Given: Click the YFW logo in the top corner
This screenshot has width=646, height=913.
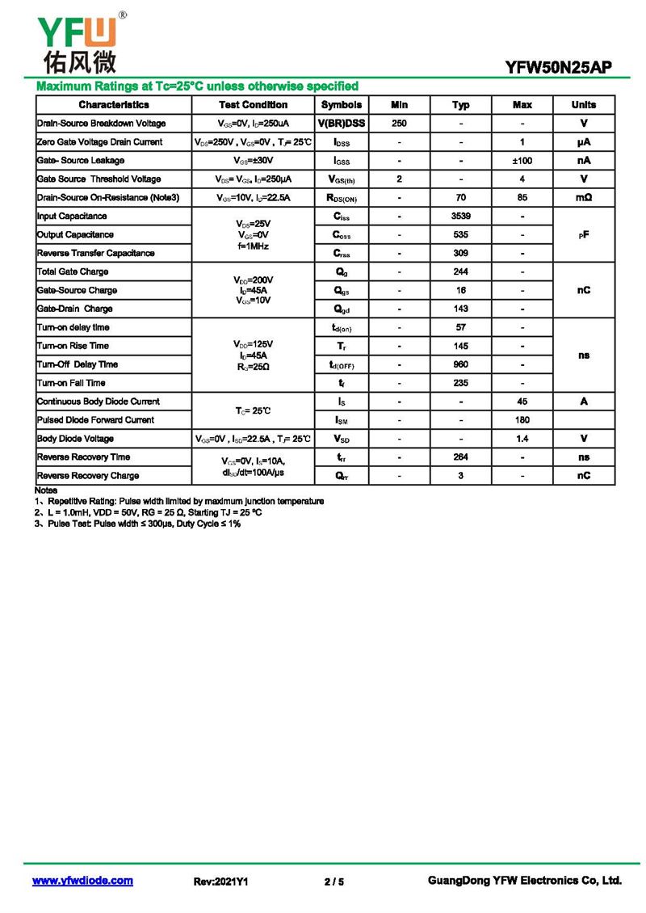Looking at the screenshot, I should (x=78, y=40).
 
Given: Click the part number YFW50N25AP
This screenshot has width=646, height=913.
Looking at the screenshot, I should (x=558, y=69).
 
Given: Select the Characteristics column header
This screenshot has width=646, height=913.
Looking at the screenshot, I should (x=114, y=105).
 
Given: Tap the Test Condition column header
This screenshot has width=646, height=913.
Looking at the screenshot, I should (x=253, y=105).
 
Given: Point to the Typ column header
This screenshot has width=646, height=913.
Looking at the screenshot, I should (x=460, y=105).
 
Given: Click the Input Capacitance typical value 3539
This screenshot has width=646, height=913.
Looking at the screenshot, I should (x=460, y=217).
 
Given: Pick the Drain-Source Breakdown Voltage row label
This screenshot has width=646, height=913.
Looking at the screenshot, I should (x=102, y=124).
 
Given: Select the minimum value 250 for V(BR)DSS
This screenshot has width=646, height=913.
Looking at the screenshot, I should (x=399, y=124).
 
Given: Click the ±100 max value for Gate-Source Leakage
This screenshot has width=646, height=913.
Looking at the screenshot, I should (x=522, y=161).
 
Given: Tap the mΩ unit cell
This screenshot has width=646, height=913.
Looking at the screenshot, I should (x=584, y=198).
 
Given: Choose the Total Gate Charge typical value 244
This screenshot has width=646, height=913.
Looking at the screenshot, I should (x=460, y=272).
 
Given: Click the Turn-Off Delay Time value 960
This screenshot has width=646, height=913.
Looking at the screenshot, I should (x=460, y=364).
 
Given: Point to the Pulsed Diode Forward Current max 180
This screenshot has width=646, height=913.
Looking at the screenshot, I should (x=522, y=420).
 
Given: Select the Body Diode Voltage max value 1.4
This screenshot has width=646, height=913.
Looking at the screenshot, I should (x=522, y=439).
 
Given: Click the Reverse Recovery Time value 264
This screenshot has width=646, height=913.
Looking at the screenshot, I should (x=460, y=457).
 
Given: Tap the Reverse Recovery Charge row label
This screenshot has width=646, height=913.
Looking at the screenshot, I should (x=88, y=476).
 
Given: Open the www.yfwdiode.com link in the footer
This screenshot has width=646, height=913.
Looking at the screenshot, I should (x=82, y=881).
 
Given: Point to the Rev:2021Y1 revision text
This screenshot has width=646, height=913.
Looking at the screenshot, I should (x=220, y=881).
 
